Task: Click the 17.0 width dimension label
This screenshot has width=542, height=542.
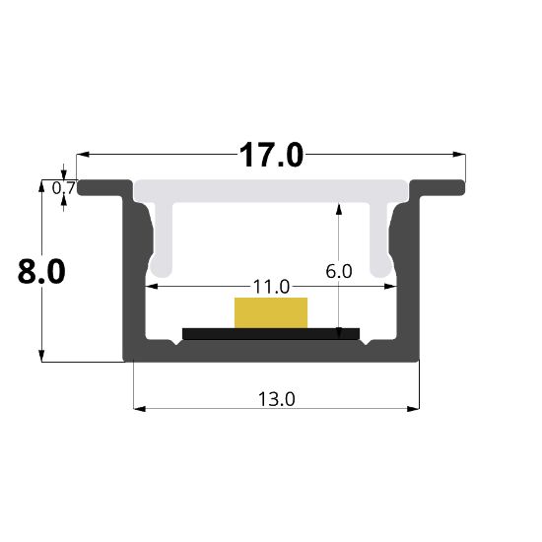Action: pyautogui.click(x=271, y=155)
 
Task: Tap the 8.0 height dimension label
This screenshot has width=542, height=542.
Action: pyautogui.click(x=41, y=272)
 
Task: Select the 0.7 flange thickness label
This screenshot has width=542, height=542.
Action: pyautogui.click(x=64, y=189)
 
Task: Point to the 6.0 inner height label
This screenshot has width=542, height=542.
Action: pyautogui.click(x=339, y=271)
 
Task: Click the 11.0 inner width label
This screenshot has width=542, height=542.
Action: pyautogui.click(x=271, y=287)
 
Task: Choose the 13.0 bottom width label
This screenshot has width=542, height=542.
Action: pyautogui.click(x=277, y=399)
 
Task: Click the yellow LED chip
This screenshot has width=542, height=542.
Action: pyautogui.click(x=271, y=312)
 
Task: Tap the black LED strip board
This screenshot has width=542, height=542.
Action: pyautogui.click(x=271, y=333)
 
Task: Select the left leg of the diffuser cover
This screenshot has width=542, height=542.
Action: pyautogui.click(x=162, y=238)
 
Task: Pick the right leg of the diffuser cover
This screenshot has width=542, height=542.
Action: pyautogui.click(x=380, y=238)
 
